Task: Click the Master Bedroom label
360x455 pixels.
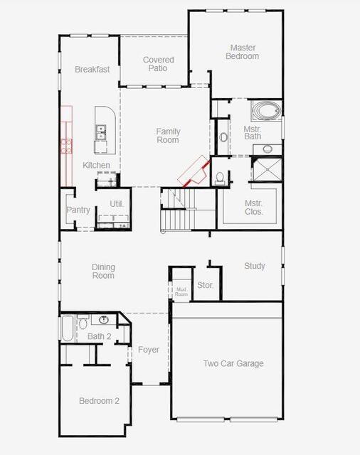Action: coord(242,52)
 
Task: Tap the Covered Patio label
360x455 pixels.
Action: coord(158,64)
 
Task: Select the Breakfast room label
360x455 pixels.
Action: coord(92,70)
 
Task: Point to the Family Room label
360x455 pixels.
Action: coord(168,136)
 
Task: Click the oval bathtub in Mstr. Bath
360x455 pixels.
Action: coord(266,111)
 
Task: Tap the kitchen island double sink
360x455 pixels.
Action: coord(101,132)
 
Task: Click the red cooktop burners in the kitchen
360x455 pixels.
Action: coord(66,146)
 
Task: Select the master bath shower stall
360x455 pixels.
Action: coord(267,169)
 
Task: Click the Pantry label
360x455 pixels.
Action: coord(78,210)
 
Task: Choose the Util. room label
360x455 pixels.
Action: coord(117,204)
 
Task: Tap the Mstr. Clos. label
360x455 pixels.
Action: coord(253,208)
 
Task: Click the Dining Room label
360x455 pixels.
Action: coord(103,272)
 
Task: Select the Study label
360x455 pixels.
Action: coord(255,266)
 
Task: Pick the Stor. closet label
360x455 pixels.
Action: coord(206,285)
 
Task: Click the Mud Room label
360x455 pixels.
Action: coord(181,291)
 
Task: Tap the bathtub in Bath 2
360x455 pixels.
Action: coord(68,328)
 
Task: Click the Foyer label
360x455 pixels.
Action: coord(149,350)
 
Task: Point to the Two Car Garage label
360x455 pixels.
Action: coord(233,363)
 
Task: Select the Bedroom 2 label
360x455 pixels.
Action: coord(99,401)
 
